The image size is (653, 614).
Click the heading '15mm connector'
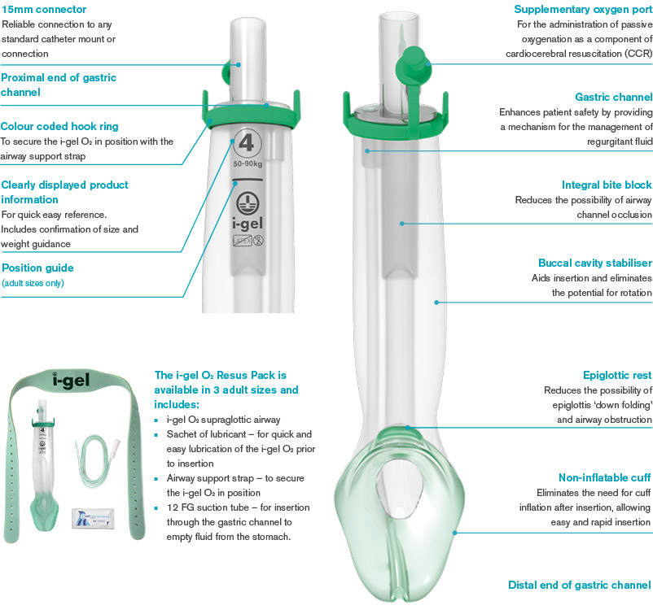pyautogui.click(x=44, y=9)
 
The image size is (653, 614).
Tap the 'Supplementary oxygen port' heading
pyautogui.click(x=583, y=9)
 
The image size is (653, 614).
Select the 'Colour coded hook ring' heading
pyautogui.click(x=59, y=126)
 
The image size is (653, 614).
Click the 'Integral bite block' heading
pyautogui.click(x=607, y=185)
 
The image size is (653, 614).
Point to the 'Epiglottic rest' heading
pyautogui.click(x=617, y=375)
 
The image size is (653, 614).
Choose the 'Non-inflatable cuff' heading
pyautogui.click(x=604, y=477)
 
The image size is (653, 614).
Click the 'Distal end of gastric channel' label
pyautogui.click(x=579, y=585)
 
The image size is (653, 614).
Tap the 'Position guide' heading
pyautogui.click(x=38, y=268)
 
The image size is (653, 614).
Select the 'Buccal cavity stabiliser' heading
pyautogui.click(x=595, y=263)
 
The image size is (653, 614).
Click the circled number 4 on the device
pyautogui.click(x=247, y=143)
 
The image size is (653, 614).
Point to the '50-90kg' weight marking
pyautogui.click(x=248, y=164)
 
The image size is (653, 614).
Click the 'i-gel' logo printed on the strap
pyautogui.click(x=71, y=381)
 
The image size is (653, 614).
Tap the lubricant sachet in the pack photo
pyautogui.click(x=93, y=518)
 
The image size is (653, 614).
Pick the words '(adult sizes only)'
pyautogui.click(x=33, y=283)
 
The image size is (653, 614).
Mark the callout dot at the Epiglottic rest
pyautogui.click(x=408, y=427)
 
